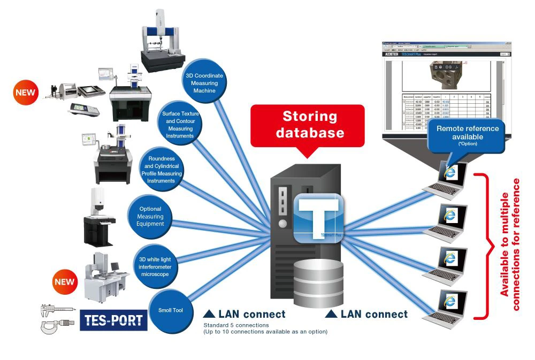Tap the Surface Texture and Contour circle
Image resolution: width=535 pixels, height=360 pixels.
click(x=178, y=125)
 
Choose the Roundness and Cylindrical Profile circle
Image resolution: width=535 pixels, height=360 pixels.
click(x=160, y=170)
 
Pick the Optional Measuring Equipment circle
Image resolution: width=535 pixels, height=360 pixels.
click(x=150, y=216)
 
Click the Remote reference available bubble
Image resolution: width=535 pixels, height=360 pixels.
click(x=467, y=135)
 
